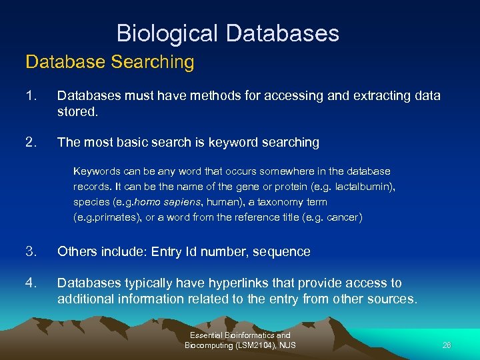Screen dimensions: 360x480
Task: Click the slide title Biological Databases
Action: click(x=227, y=33)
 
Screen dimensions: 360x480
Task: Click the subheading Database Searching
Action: click(x=110, y=62)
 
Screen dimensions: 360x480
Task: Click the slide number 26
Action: click(x=446, y=345)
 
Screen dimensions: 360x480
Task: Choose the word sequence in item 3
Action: click(x=283, y=251)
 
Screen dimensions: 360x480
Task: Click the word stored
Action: click(x=77, y=112)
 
